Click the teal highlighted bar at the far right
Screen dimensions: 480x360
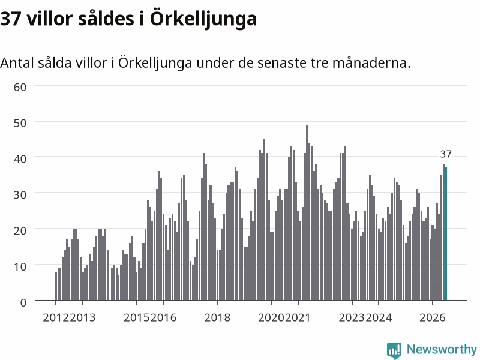coord(446,234)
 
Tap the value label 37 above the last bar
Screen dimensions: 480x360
coord(446,154)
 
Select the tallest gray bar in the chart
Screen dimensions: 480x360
coord(307,212)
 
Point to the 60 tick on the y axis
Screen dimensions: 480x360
coord(20,87)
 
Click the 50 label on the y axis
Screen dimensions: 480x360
coord(20,123)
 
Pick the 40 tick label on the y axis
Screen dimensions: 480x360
coord(20,159)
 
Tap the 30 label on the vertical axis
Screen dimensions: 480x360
coord(20,194)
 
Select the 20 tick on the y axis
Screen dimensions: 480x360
coord(20,230)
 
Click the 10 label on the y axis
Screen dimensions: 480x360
coord(20,266)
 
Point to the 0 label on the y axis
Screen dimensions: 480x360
coord(23,302)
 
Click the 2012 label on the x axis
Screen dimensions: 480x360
coord(56,317)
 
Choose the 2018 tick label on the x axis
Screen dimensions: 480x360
coord(217,317)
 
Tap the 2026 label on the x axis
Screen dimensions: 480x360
coord(432,317)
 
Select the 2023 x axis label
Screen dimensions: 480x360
coord(352,317)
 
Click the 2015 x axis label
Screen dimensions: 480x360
coord(137,317)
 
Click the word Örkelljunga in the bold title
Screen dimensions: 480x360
coord(203,19)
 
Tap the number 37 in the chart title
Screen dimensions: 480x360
coord(10,19)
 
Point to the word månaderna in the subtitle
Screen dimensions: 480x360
coord(371,63)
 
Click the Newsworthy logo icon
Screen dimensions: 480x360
coord(394,350)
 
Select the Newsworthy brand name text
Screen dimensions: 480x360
coord(442,349)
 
